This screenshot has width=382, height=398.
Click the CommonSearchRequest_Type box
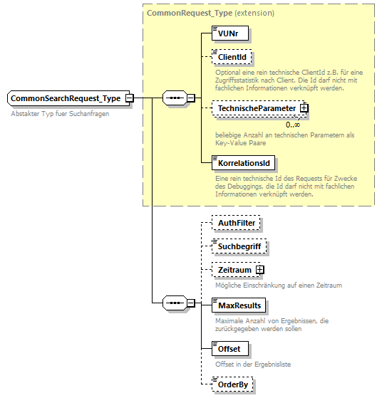66,98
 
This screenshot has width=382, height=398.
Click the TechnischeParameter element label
257,108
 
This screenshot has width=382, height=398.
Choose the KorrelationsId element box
242,163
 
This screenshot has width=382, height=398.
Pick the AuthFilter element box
237,223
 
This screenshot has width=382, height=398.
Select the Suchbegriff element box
239,246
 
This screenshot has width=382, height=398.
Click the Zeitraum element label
234,271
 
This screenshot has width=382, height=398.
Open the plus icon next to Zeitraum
259,271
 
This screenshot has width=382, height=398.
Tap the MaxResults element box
239,305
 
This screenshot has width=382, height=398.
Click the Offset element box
231,349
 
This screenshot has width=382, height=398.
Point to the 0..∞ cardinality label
293,124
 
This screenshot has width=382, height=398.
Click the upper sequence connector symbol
174,98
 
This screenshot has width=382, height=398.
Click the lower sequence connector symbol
174,303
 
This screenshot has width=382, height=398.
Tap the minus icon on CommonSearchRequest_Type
130,98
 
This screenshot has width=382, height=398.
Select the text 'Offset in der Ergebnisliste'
253,364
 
